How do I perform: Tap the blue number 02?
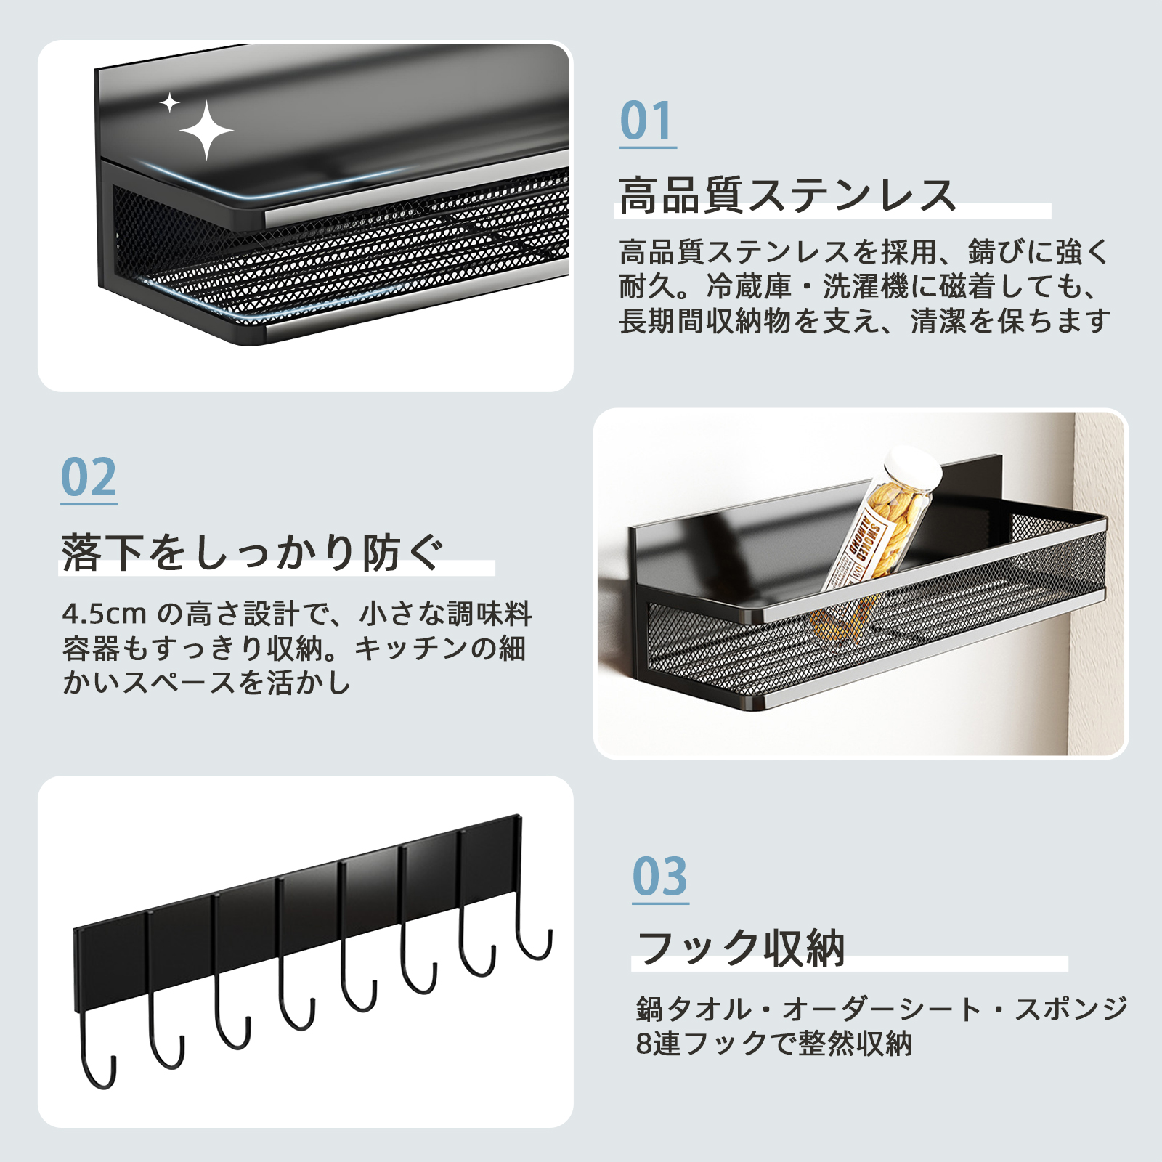tap(89, 477)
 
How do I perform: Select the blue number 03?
tap(659, 877)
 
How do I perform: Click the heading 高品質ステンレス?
tap(787, 195)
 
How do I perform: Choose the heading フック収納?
tap(741, 948)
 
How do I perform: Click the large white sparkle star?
tap(206, 131)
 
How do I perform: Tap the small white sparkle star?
tap(170, 103)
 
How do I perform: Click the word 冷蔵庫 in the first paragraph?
tap(749, 287)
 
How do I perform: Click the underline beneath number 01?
tap(648, 147)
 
